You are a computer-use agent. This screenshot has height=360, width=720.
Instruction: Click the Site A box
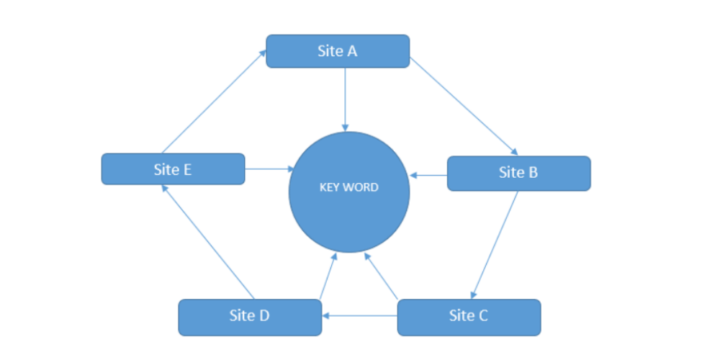pyautogui.click(x=338, y=51)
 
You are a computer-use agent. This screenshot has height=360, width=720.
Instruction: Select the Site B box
pyautogui.click(x=518, y=173)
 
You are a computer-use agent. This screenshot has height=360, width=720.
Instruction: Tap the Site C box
pyautogui.click(x=469, y=316)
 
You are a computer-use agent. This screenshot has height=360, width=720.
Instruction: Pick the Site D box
pyautogui.click(x=250, y=316)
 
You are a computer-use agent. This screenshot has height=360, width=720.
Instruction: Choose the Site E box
pyautogui.click(x=173, y=169)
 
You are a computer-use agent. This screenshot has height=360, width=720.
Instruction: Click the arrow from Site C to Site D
pyautogui.click(x=360, y=315)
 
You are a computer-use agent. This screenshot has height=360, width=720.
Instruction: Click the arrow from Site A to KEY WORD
pyautogui.click(x=346, y=98)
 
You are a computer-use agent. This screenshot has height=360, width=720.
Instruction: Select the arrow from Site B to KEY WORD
pyautogui.click(x=429, y=174)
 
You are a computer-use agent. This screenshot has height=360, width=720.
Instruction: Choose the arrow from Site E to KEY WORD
pyautogui.click(x=268, y=169)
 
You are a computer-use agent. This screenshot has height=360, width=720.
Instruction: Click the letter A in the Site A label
pyautogui.click(x=352, y=51)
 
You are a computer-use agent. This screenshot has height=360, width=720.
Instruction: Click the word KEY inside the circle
pyautogui.click(x=329, y=187)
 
